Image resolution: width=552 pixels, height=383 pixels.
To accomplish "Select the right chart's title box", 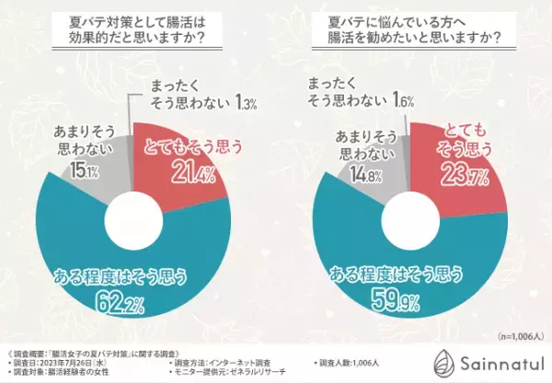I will [415, 34].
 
